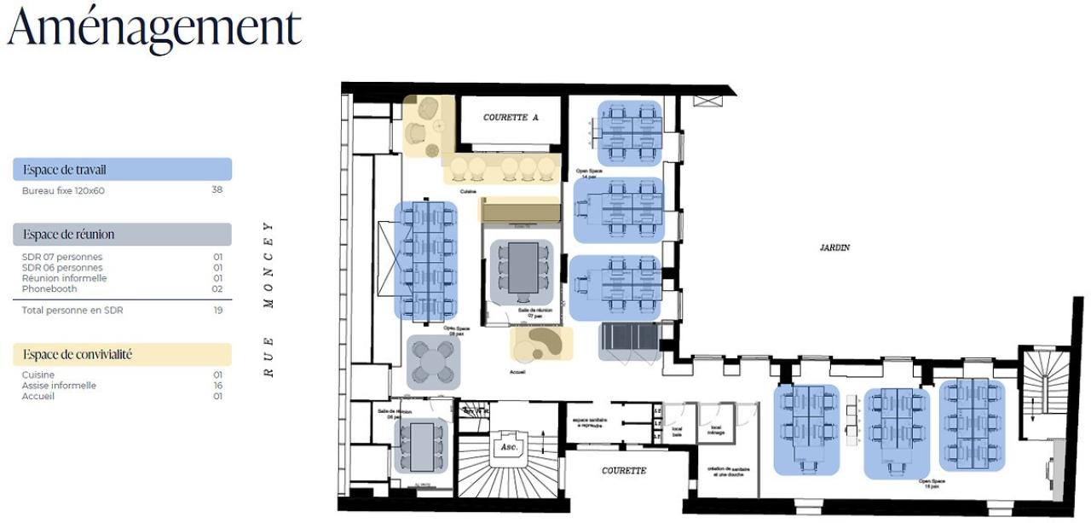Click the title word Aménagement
(154, 27)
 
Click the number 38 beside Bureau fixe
(216, 190)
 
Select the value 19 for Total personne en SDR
(217, 311)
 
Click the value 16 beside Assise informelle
(217, 386)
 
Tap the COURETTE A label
(511, 118)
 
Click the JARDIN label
(834, 247)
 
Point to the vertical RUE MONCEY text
(268, 299)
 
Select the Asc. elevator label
(509, 447)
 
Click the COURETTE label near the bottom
(624, 470)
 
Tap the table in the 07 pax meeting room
(522, 268)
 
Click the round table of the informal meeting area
(434, 362)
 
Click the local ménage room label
(716, 430)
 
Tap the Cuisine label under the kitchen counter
(468, 192)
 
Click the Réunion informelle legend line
(64, 278)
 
